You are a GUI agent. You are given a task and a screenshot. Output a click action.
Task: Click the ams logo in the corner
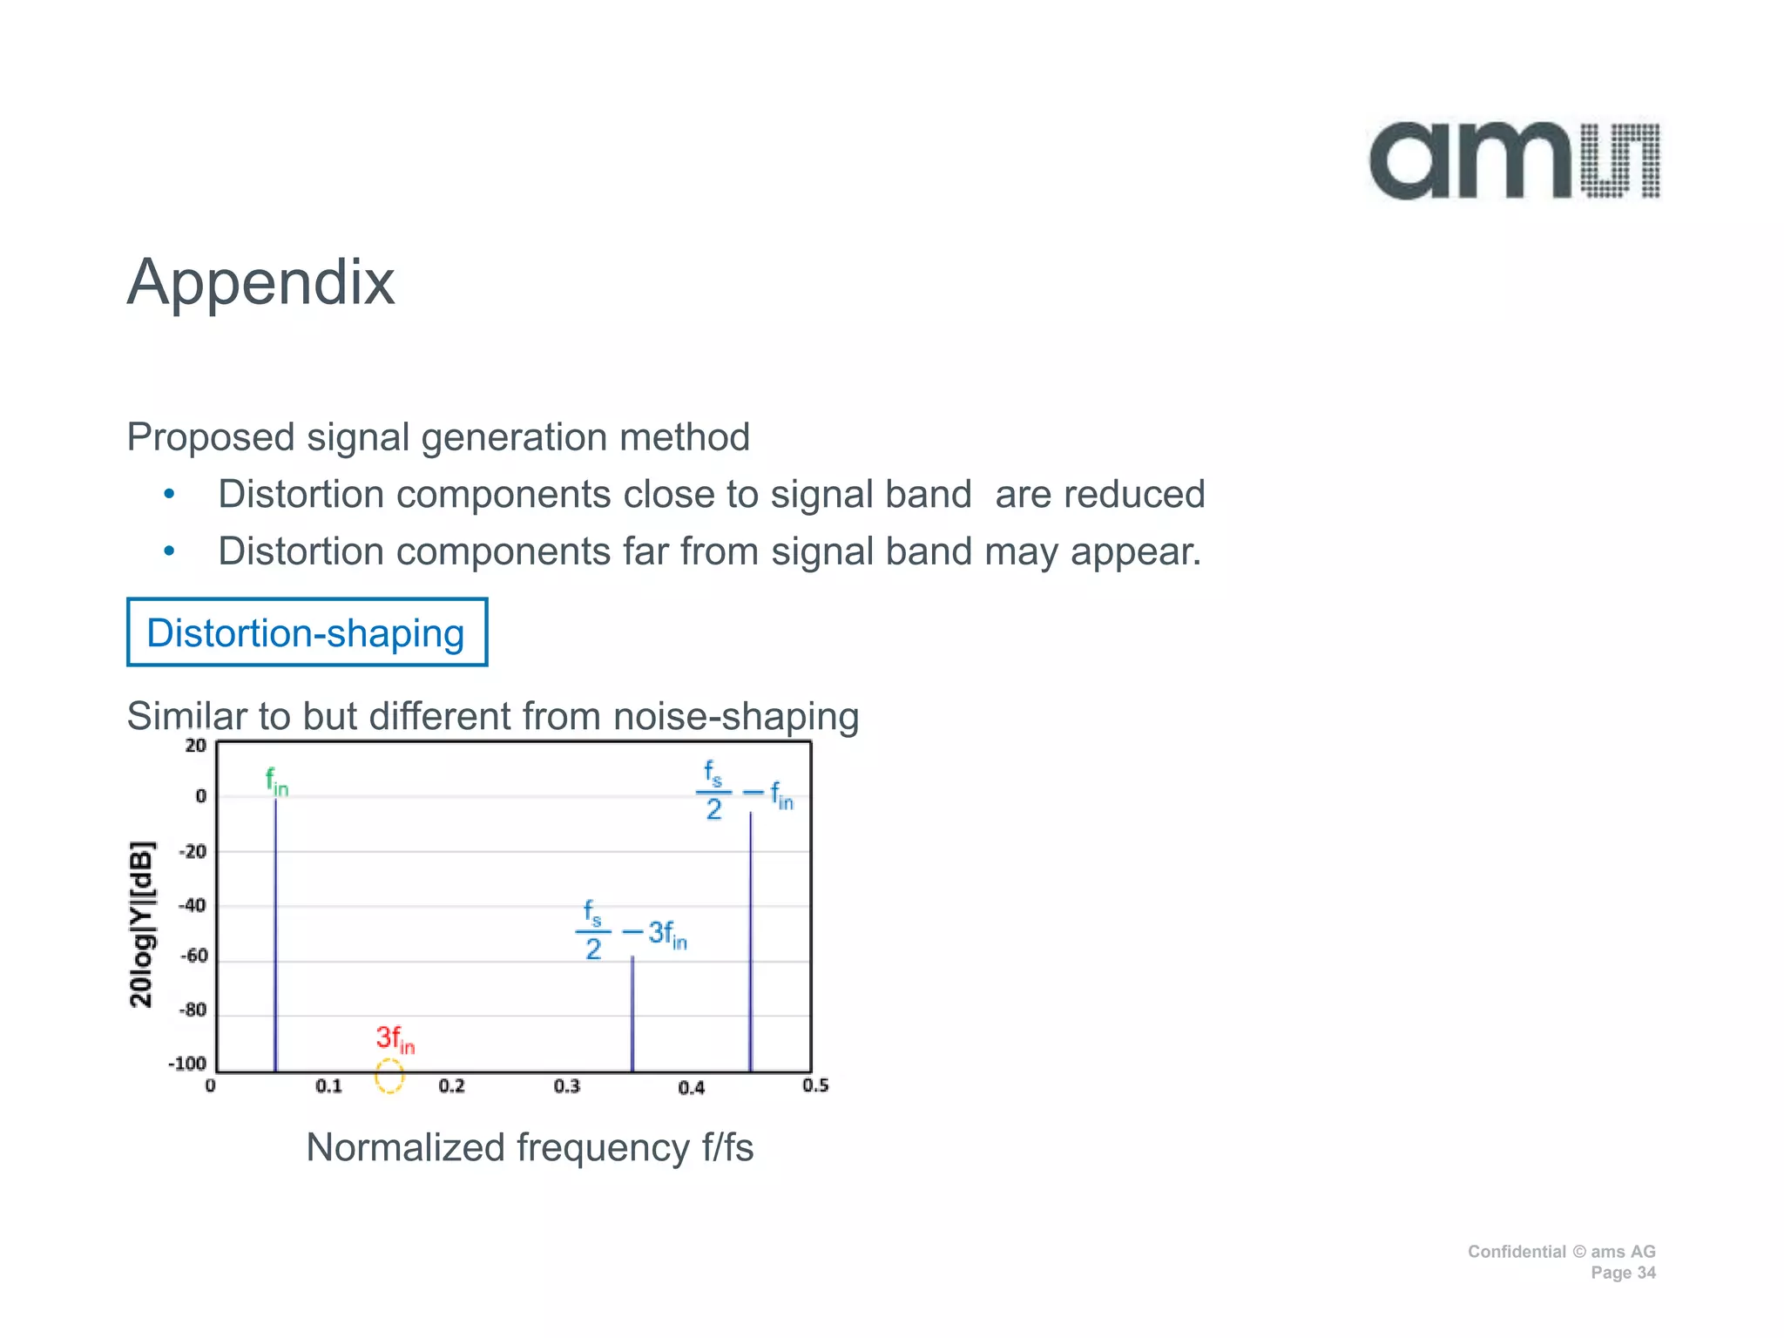click(1514, 161)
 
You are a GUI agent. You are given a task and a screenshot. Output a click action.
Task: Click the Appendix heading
click(261, 282)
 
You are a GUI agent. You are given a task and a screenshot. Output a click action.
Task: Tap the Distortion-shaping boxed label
click(307, 633)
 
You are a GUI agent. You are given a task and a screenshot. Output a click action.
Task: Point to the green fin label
click(276, 781)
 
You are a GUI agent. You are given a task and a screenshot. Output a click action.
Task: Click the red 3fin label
click(395, 1038)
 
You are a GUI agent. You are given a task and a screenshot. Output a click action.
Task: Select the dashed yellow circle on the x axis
click(389, 1076)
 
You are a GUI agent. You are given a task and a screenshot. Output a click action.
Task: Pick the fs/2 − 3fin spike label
click(631, 931)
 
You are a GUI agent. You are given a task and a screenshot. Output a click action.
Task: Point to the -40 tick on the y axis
click(193, 905)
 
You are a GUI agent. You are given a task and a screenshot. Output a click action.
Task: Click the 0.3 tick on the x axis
click(567, 1086)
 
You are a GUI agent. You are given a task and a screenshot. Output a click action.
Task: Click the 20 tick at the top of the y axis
click(196, 746)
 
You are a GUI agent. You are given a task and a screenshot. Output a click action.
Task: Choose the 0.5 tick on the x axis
click(815, 1085)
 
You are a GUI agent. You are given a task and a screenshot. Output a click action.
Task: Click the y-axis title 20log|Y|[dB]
click(142, 924)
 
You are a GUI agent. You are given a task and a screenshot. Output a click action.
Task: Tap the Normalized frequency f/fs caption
click(530, 1147)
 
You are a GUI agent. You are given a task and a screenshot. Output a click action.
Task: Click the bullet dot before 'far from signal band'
click(170, 551)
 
